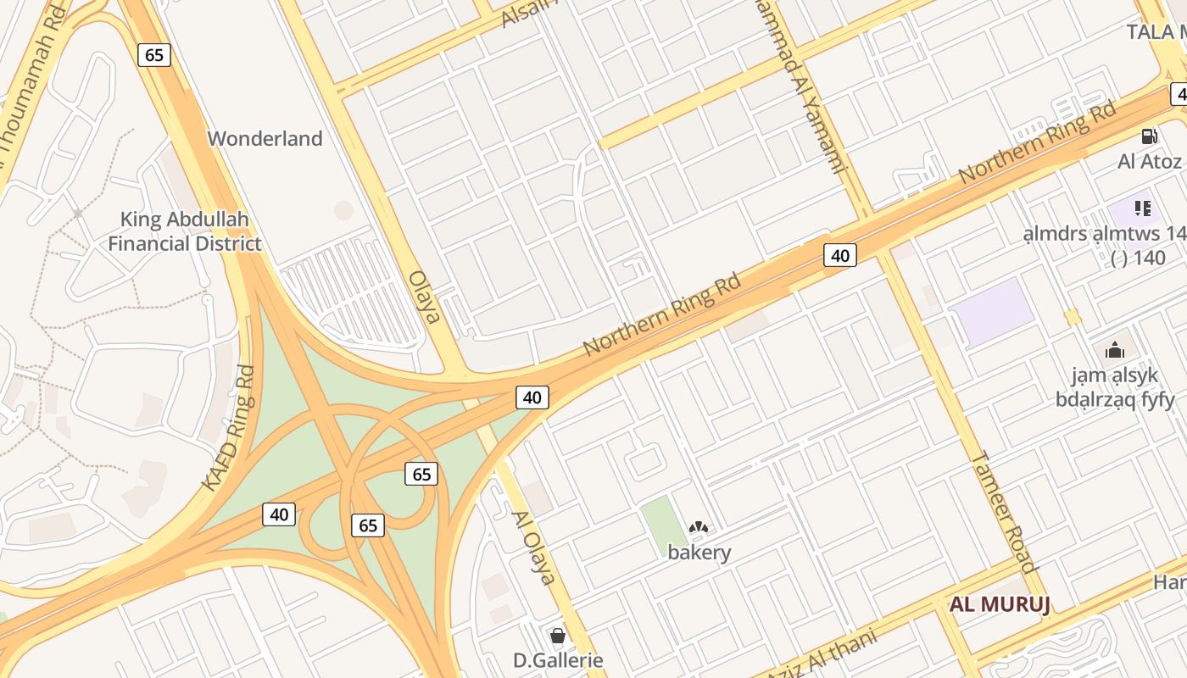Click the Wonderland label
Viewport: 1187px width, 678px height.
[265, 138]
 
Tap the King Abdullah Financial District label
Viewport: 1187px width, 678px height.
[185, 231]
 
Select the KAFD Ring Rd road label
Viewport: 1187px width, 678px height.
[230, 428]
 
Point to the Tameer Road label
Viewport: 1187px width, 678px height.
[1004, 512]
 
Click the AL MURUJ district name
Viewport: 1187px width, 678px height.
[1000, 604]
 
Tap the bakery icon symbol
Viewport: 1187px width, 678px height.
[699, 527]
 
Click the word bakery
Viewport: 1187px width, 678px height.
[699, 553]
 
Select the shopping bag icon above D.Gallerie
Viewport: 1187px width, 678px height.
[558, 635]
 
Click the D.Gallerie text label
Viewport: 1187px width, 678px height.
[558, 660]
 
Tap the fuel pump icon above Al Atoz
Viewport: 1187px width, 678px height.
[1149, 136]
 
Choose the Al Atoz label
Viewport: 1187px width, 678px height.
[1149, 161]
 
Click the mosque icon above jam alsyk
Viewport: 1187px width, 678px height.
[1114, 349]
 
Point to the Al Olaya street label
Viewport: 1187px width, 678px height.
[533, 547]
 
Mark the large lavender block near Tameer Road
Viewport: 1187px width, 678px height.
[994, 312]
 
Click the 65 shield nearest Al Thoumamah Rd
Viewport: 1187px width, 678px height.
[153, 55]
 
